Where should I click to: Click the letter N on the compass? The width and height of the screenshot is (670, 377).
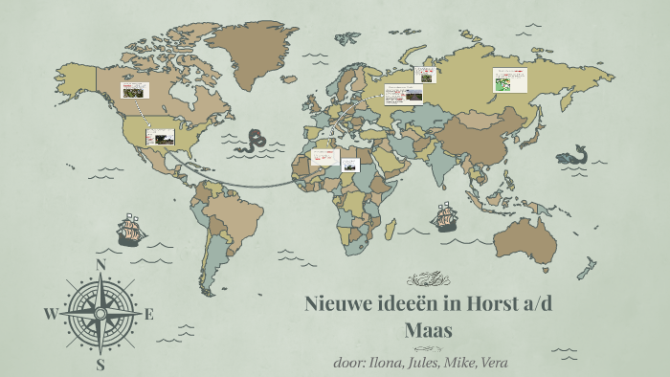(100, 265)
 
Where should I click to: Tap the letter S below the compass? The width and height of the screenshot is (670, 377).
(100, 364)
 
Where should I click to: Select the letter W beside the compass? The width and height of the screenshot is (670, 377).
(51, 314)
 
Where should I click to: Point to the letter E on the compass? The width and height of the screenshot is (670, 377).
(148, 314)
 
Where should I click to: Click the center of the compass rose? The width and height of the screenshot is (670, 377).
(100, 313)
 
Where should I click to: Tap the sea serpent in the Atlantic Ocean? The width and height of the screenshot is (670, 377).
(253, 141)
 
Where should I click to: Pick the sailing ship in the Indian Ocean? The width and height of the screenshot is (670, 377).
(445, 219)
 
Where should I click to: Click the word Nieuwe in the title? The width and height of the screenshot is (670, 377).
(338, 305)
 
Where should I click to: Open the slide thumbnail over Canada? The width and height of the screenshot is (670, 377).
(135, 90)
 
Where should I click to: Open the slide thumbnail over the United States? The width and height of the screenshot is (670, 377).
(160, 137)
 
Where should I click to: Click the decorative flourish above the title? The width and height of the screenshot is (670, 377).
(428, 279)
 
